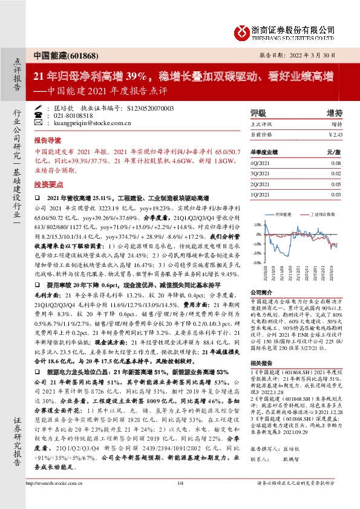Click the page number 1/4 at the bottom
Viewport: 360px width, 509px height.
180,500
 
